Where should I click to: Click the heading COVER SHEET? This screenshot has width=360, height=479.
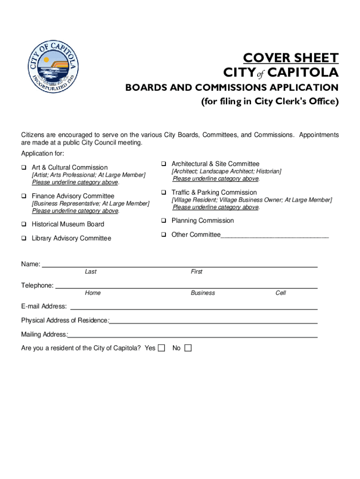pyautogui.click(x=290, y=58)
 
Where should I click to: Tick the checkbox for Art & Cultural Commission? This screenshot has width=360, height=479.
pyautogui.click(x=23, y=167)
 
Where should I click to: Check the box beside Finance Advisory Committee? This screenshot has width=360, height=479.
pyautogui.click(x=23, y=196)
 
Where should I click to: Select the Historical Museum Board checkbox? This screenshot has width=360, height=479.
pyautogui.click(x=23, y=224)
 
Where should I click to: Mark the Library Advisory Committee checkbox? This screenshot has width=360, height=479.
pyautogui.click(x=23, y=238)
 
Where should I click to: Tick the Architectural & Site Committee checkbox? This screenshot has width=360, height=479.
pyautogui.click(x=164, y=164)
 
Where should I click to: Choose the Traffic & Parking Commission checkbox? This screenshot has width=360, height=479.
pyautogui.click(x=164, y=192)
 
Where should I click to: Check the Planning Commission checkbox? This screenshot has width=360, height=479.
pyautogui.click(x=164, y=220)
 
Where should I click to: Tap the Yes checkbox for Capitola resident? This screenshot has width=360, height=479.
pyautogui.click(x=161, y=348)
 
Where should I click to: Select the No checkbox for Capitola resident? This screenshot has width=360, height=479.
pyautogui.click(x=188, y=348)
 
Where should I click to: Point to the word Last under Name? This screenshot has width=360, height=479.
pyautogui.click(x=91, y=272)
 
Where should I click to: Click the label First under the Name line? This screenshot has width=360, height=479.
pyautogui.click(x=196, y=272)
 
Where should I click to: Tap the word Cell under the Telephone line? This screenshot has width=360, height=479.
pyautogui.click(x=281, y=293)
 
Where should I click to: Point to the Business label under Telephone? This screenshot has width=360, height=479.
pyautogui.click(x=203, y=293)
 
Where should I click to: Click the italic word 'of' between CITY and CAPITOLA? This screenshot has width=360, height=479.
pyautogui.click(x=261, y=74)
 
